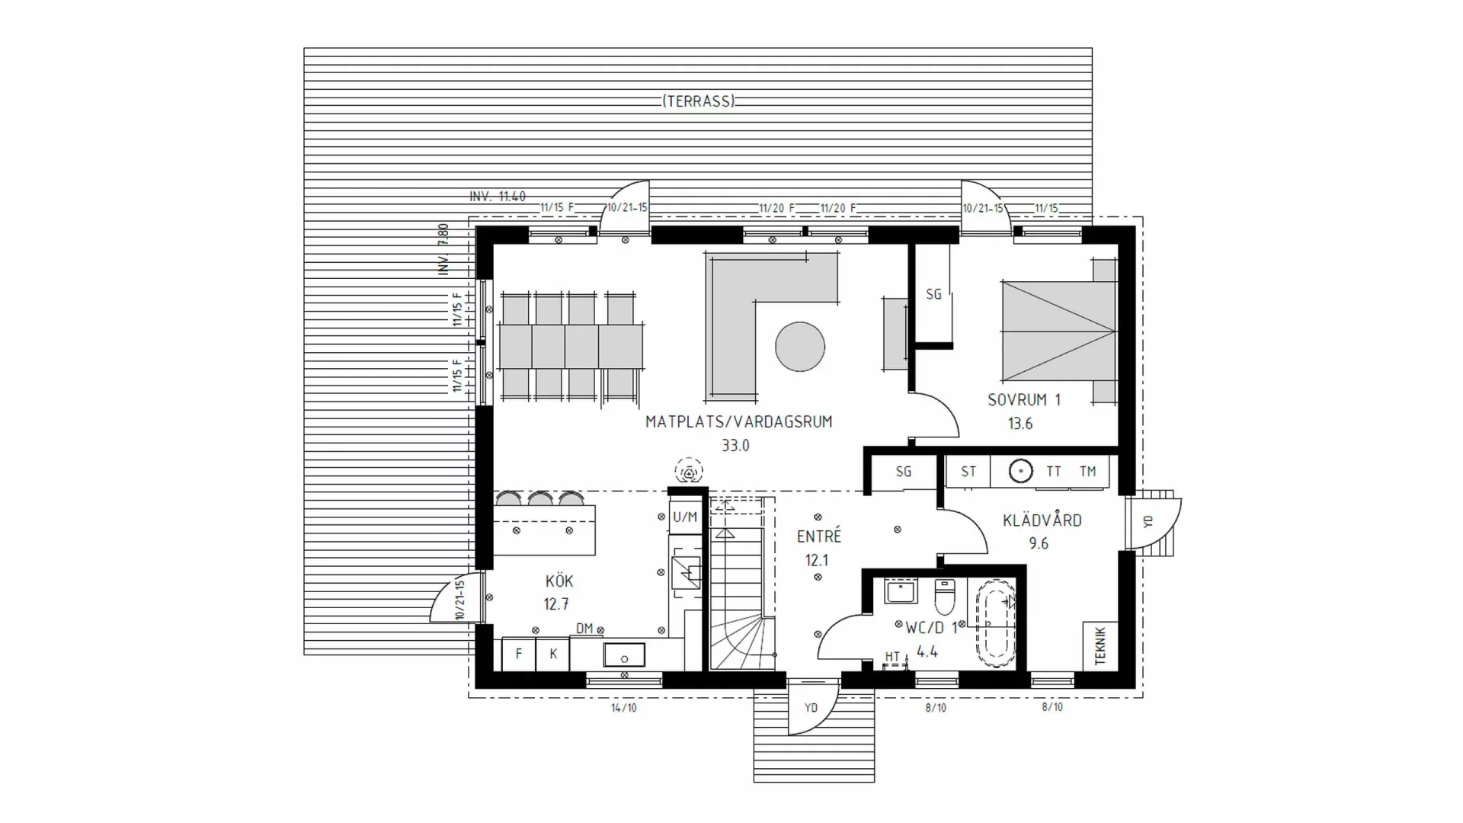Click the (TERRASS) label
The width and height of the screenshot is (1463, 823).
(x=698, y=101)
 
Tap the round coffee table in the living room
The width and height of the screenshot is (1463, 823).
(x=799, y=347)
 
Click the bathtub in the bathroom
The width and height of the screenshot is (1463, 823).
(x=997, y=624)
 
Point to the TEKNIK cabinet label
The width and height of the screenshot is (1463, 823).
(x=1100, y=646)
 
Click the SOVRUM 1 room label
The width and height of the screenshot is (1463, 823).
(x=1023, y=400)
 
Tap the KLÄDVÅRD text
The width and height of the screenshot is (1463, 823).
(x=1042, y=520)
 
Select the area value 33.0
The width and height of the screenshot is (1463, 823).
(x=735, y=446)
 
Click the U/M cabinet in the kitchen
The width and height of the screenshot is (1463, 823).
(x=685, y=517)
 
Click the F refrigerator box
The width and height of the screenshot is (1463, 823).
(x=519, y=654)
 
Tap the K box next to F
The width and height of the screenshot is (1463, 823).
(x=553, y=654)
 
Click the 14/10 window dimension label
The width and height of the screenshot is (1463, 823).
(x=623, y=708)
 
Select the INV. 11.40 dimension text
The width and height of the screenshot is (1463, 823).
(x=498, y=197)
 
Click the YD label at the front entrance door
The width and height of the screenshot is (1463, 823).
(x=811, y=708)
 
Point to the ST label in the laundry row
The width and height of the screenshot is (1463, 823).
(x=968, y=472)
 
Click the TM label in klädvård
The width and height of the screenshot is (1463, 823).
(x=1087, y=472)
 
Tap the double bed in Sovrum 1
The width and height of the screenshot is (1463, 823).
(x=1059, y=331)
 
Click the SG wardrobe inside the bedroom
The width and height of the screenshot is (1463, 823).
(x=933, y=294)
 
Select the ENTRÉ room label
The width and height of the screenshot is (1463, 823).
(x=818, y=536)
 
